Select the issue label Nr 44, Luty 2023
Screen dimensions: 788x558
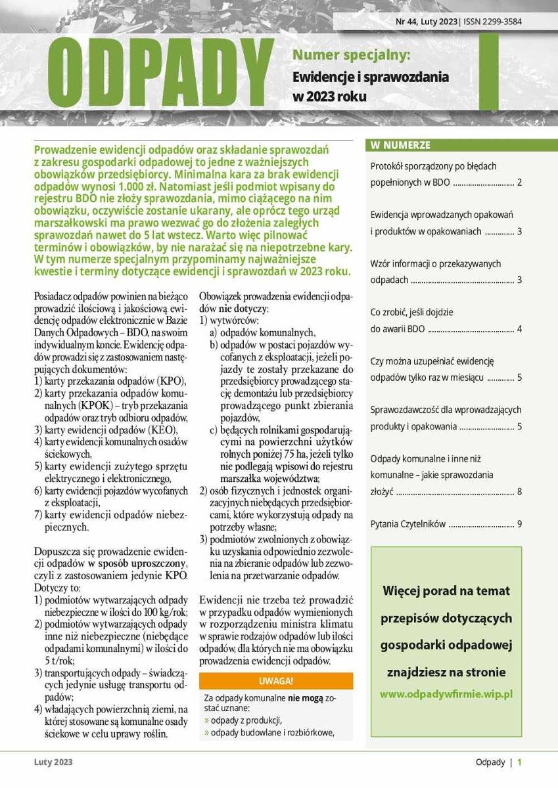[x=426, y=21]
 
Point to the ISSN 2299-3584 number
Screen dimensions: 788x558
[x=492, y=21]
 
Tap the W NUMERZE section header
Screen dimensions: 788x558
[x=400, y=145]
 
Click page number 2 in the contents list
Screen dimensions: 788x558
[x=519, y=182]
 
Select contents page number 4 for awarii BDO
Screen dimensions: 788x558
[x=519, y=328]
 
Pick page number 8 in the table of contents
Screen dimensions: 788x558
[x=519, y=491]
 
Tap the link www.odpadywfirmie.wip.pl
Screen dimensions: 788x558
[x=446, y=693]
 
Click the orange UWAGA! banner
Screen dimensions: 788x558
[x=275, y=680]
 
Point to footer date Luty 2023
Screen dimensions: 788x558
[x=54, y=762]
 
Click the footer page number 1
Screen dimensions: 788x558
[x=519, y=762]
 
